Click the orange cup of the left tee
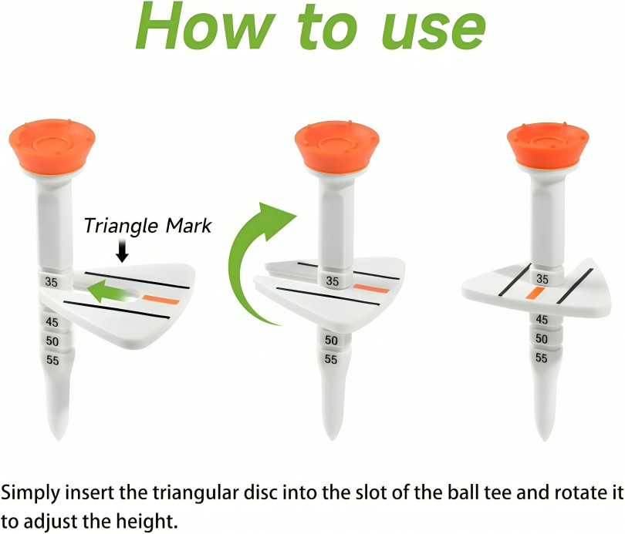(51, 143)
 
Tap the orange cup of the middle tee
(336, 143)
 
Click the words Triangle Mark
(147, 226)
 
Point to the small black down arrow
(122, 251)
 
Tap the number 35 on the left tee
(51, 282)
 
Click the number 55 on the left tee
(52, 359)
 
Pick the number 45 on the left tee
(52, 321)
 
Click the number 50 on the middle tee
(331, 340)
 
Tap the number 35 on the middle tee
(332, 281)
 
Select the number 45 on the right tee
(542, 319)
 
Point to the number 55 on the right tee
(542, 358)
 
